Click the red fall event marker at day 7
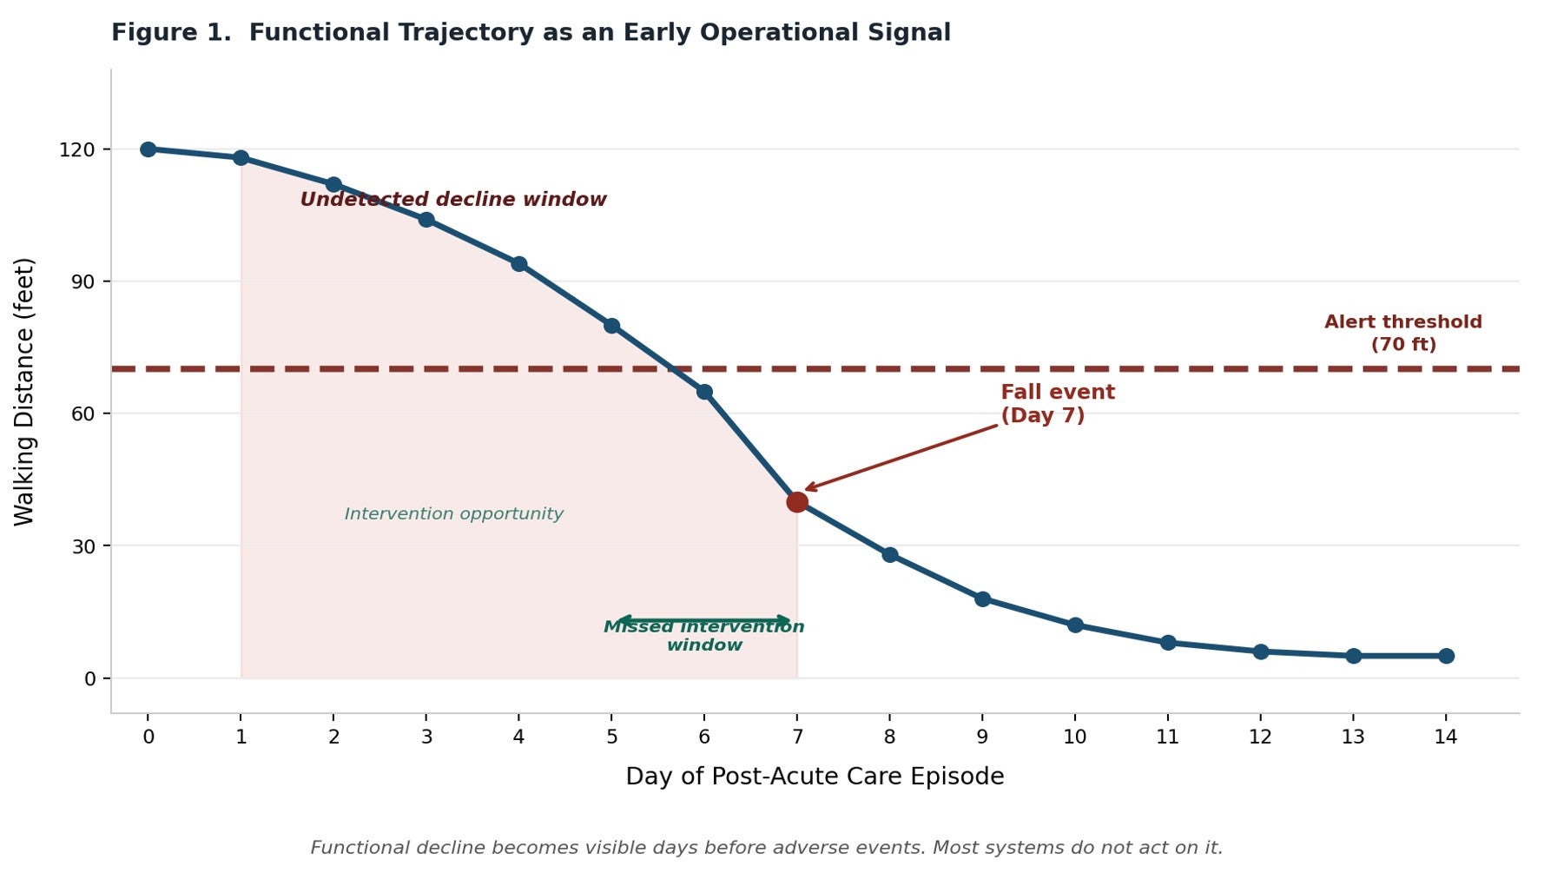pyautogui.click(x=796, y=501)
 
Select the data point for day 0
pyautogui.click(x=148, y=149)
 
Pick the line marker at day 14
pyautogui.click(x=1445, y=656)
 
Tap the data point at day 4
pyautogui.click(x=518, y=264)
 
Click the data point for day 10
pyautogui.click(x=1074, y=625)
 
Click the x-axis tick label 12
pyautogui.click(x=1259, y=737)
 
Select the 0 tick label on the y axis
pyautogui.click(x=89, y=679)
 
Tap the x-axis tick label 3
pyautogui.click(x=426, y=737)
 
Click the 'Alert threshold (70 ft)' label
pyautogui.click(x=1402, y=334)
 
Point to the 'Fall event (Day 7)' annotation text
pyautogui.click(x=1057, y=404)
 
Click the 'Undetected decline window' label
pyautogui.click(x=452, y=200)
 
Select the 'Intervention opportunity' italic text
pyautogui.click(x=453, y=514)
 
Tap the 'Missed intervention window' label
pyautogui.click(x=703, y=637)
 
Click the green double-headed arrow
pyautogui.click(x=703, y=619)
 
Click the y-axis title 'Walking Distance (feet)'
pyautogui.click(x=24, y=391)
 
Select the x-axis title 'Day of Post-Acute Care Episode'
pyautogui.click(x=814, y=777)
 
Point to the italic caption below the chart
pyautogui.click(x=766, y=848)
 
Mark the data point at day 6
pyautogui.click(x=704, y=392)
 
